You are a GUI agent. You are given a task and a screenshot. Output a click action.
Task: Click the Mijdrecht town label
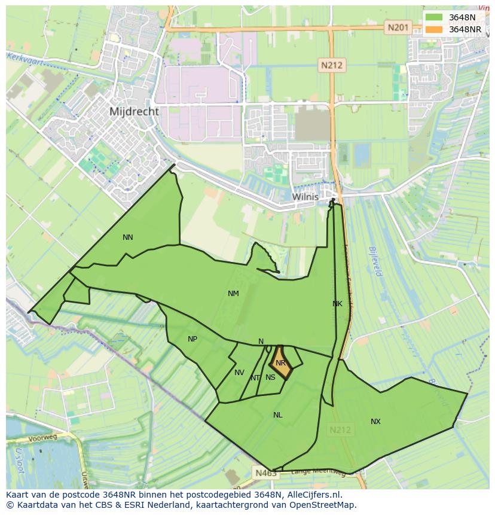click(135, 111)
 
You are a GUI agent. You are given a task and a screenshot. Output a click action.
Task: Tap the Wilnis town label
click(305, 196)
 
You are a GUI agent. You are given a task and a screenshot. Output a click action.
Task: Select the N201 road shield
click(398, 27)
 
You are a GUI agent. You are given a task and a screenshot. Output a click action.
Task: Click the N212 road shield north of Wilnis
click(331, 66)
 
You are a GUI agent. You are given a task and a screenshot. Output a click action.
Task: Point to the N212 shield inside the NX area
click(341, 429)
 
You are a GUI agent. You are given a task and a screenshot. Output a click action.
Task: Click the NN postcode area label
click(128, 237)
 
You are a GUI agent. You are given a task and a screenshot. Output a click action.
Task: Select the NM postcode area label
click(233, 294)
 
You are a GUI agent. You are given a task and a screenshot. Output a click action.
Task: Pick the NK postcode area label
click(337, 304)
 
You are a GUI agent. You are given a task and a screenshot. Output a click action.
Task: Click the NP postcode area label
click(192, 339)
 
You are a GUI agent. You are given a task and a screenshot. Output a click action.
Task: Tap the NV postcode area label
click(239, 373)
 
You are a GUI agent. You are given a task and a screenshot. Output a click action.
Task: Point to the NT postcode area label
click(255, 378)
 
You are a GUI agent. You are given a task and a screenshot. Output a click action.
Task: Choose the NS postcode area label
click(270, 377)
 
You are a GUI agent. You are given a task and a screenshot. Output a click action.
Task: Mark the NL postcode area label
click(278, 415)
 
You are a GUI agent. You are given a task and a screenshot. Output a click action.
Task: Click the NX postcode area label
click(375, 422)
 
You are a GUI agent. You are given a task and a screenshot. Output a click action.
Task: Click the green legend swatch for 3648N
click(435, 17)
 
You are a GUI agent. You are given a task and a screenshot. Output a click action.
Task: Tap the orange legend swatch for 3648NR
click(435, 29)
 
